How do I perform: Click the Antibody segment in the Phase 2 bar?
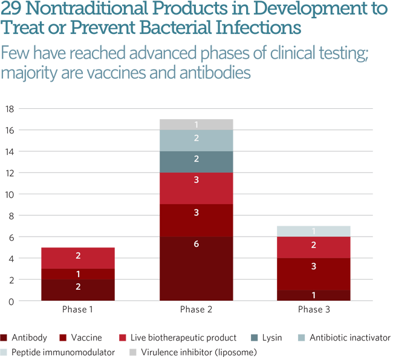[x=197, y=269]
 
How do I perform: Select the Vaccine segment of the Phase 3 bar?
[x=314, y=274]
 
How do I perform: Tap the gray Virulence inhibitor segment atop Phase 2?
[x=197, y=125]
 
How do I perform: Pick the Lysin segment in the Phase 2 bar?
[x=197, y=162]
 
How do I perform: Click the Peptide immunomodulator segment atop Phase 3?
[x=314, y=231]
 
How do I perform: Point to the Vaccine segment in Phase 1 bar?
[x=78, y=274]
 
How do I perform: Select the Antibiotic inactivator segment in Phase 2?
[x=197, y=140]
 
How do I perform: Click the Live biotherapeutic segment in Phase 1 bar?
[x=78, y=258]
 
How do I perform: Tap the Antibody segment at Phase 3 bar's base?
[x=314, y=295]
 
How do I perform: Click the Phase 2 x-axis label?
[x=196, y=309]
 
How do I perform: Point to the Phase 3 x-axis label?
[x=314, y=309]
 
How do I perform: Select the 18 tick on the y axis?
[x=10, y=109]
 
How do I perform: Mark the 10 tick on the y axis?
[x=10, y=194]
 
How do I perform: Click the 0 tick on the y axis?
[x=11, y=301]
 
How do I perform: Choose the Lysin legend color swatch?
[x=254, y=338]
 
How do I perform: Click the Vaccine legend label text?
[x=86, y=338]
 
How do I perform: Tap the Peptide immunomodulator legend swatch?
[x=4, y=352]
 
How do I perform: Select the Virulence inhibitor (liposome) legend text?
[x=199, y=353]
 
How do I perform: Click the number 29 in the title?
[x=11, y=8]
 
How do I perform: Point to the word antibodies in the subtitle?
[x=215, y=73]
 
